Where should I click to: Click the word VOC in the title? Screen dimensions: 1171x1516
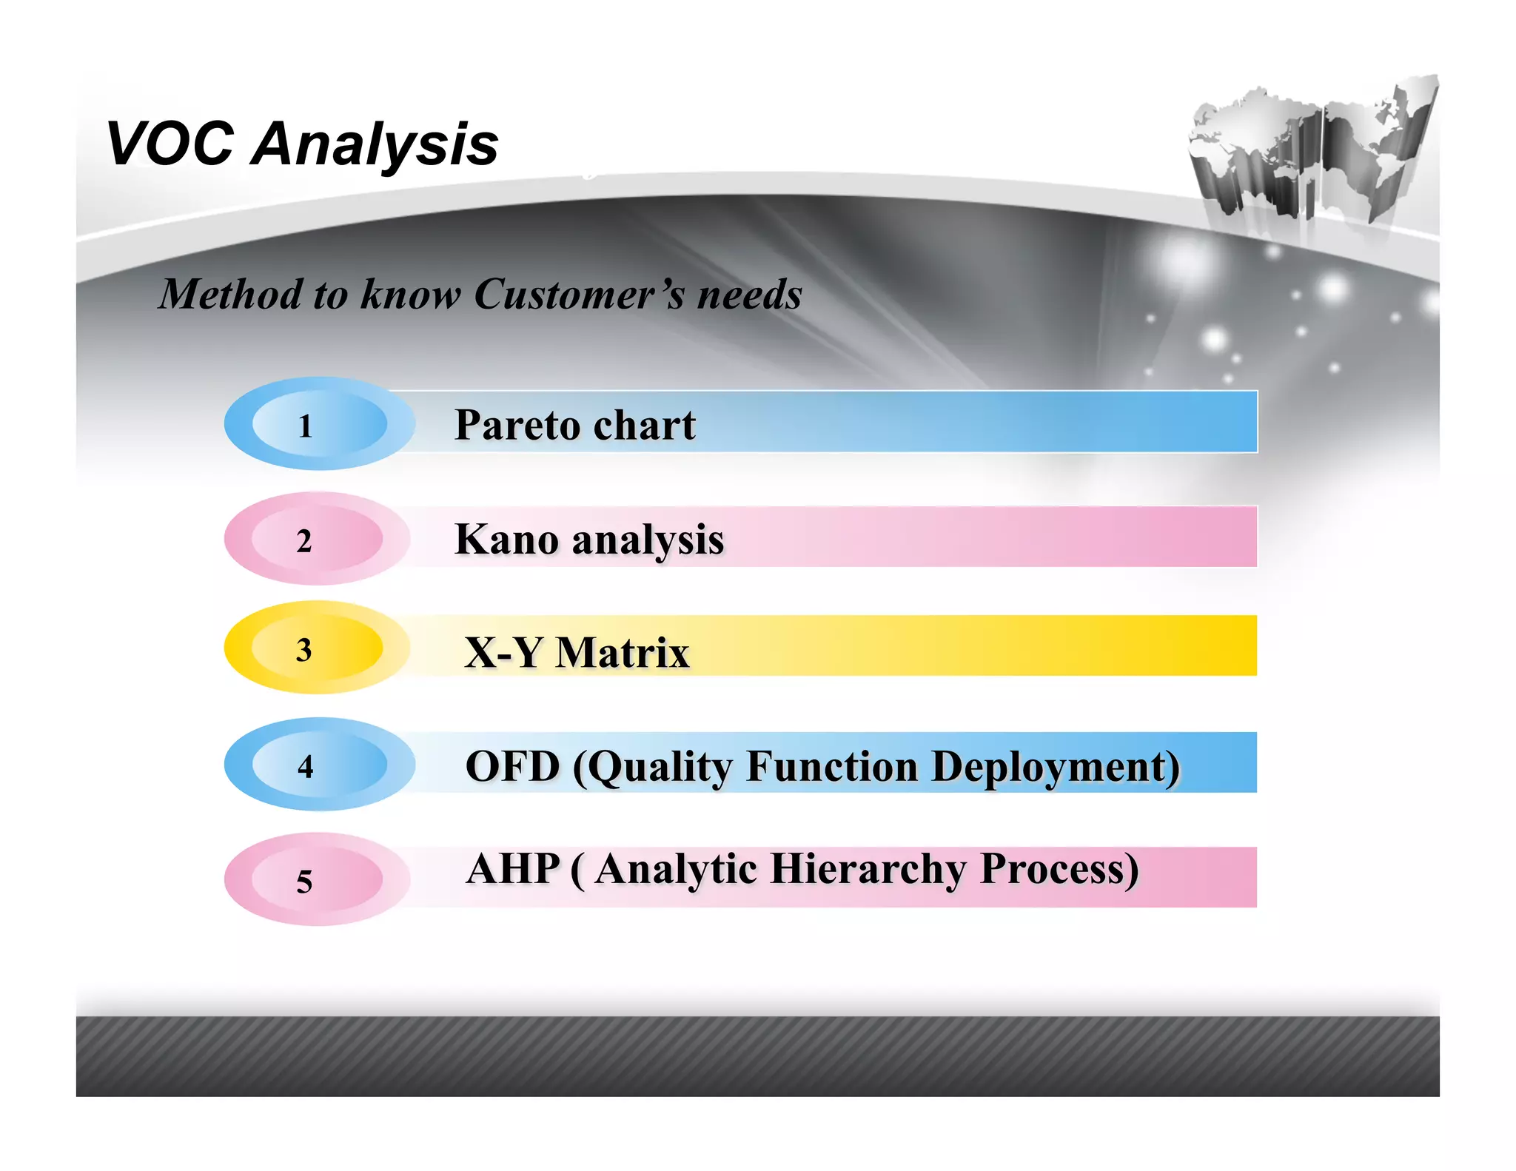(x=170, y=144)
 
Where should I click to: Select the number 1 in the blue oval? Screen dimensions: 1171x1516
(x=305, y=426)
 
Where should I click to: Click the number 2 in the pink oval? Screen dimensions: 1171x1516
(x=304, y=541)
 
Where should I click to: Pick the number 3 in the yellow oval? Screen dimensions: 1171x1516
(x=303, y=650)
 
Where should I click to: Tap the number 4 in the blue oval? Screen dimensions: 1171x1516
(x=305, y=766)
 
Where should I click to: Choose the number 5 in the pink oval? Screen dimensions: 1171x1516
(x=304, y=881)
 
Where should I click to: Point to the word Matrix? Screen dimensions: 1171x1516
(x=622, y=653)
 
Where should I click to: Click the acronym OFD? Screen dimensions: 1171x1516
(x=512, y=767)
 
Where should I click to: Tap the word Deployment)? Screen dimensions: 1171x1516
(x=1056, y=767)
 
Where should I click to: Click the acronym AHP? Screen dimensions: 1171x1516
(x=512, y=869)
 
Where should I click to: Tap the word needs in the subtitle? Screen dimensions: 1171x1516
(x=750, y=295)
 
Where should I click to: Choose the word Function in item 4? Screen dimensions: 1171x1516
(x=832, y=767)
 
